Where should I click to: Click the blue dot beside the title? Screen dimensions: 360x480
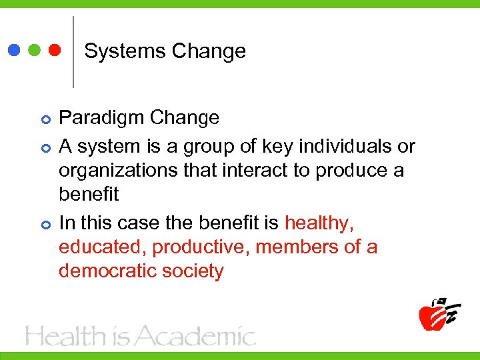[15, 51]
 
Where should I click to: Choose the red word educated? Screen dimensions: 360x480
[102, 247]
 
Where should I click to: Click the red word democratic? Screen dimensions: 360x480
[107, 271]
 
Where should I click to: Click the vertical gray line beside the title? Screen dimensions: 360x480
[73, 52]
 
